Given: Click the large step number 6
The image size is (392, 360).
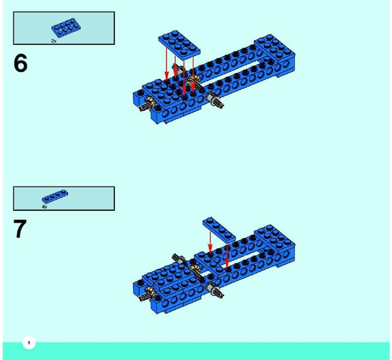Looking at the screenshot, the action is click(x=20, y=63).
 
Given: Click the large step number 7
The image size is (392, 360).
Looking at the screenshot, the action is click(x=20, y=229).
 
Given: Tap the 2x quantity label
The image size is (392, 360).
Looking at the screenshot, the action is click(x=54, y=41).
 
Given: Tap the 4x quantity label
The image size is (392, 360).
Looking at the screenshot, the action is click(x=44, y=207).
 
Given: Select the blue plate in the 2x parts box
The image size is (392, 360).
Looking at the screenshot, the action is click(x=66, y=27).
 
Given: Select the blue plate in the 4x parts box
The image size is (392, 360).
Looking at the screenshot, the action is click(x=55, y=197).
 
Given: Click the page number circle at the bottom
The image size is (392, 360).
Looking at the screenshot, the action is click(x=29, y=342).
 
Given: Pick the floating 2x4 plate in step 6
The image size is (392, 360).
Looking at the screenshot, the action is click(x=179, y=45).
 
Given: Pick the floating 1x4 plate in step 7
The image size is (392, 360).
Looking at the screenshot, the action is click(x=219, y=230).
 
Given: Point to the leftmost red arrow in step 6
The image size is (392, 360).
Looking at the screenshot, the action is click(x=167, y=63).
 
